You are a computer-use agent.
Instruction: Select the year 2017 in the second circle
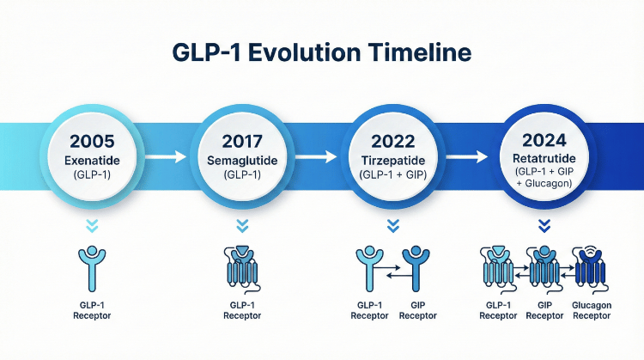click(x=242, y=141)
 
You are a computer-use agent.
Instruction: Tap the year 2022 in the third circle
click(x=393, y=141)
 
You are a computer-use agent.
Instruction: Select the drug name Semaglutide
click(x=242, y=161)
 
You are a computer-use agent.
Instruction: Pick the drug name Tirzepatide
click(x=393, y=161)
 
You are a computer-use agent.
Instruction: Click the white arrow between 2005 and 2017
click(x=166, y=156)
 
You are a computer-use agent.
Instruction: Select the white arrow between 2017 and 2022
click(x=317, y=156)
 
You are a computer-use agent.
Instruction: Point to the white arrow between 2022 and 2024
click(x=468, y=156)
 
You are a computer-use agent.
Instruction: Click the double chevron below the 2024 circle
click(x=543, y=225)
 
